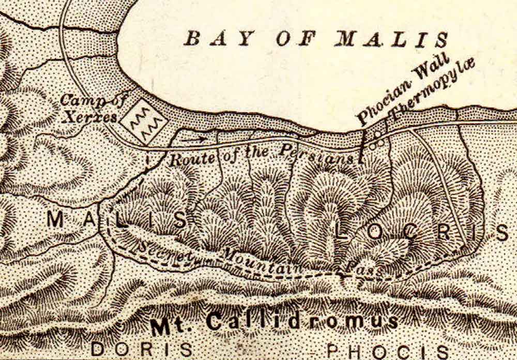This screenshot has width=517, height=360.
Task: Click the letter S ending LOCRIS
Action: point(503,233)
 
